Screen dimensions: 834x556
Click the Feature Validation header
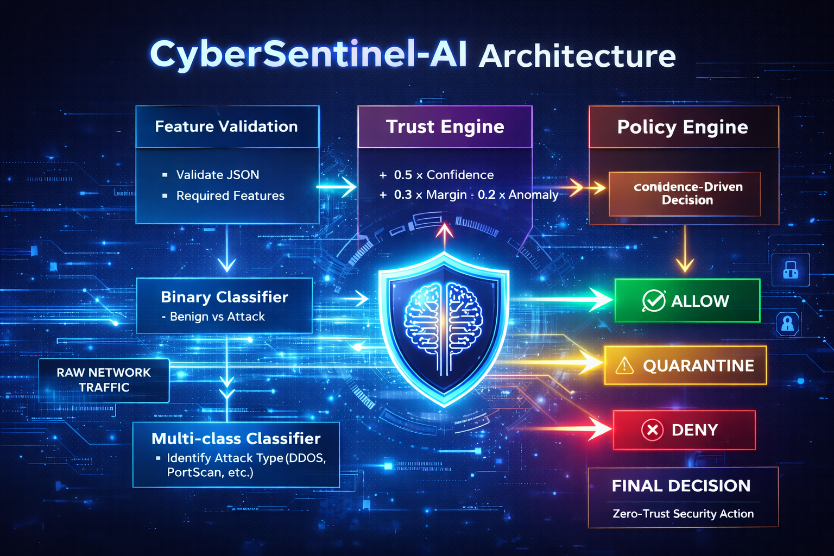coord(226,127)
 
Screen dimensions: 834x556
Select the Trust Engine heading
coord(445,127)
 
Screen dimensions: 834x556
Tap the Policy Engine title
coord(683,128)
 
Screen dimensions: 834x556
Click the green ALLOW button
coord(687,300)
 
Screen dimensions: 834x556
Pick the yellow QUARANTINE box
coord(685,365)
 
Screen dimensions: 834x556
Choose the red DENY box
coord(684,429)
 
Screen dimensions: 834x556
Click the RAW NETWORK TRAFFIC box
coord(104,380)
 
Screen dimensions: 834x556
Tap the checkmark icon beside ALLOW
coord(654,300)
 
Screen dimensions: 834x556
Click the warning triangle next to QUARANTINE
coord(624,365)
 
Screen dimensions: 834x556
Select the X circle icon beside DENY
coord(652,430)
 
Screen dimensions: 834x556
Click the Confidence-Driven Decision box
coord(684,194)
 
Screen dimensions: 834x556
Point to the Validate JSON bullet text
coord(217,175)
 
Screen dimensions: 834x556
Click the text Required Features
coord(230,195)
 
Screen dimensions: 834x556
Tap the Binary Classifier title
coord(224,297)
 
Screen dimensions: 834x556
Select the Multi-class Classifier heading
coord(236,439)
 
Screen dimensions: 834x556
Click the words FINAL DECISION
coord(681,485)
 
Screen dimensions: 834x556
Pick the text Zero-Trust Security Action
coord(683,514)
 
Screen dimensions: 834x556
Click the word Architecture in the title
coord(577,56)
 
